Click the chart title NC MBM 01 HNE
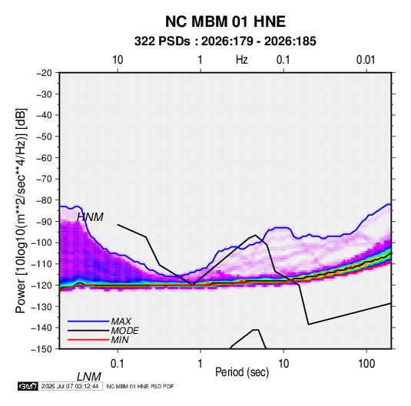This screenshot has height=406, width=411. coord(225,21)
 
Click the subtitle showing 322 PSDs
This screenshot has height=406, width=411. coord(225,41)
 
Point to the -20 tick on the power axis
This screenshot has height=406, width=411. coord(44,73)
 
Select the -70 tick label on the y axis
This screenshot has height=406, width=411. coord(44,179)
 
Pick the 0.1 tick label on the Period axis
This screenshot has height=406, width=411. coord(118,364)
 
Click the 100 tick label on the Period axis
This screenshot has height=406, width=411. coord(366,364)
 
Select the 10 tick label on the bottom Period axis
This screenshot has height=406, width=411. coord(283,364)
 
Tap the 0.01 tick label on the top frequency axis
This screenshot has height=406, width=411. coord(366,60)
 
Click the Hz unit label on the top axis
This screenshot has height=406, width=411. coord(242,60)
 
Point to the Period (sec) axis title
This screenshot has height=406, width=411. coord(242,372)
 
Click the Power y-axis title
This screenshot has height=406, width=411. coord(21,211)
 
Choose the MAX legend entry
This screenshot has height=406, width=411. coord(121,322)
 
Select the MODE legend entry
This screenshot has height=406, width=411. coord(124,331)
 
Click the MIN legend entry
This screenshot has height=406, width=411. coord(120,340)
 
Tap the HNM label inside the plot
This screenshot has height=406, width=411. coord(90,217)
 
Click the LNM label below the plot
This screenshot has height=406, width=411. coord(89,377)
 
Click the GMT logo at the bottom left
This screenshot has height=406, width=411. coord(28,386)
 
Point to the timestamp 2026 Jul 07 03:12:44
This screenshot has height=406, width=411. coord(70,386)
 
